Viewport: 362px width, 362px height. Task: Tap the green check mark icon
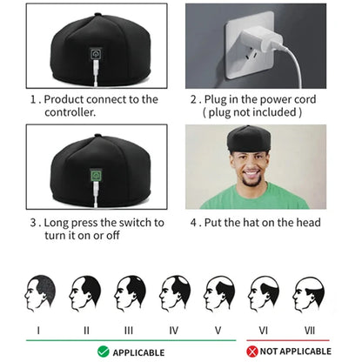click(x=103, y=351)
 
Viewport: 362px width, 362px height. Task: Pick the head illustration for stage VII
click(x=309, y=294)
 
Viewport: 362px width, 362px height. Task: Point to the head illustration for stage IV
click(x=175, y=294)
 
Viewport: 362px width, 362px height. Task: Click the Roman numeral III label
click(x=129, y=330)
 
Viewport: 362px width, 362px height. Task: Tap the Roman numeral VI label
click(x=263, y=330)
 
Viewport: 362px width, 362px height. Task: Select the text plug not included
click(x=252, y=112)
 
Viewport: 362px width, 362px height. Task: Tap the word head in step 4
click(x=306, y=222)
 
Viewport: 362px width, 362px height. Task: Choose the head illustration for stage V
click(x=219, y=294)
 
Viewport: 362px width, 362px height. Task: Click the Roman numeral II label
click(x=85, y=330)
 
